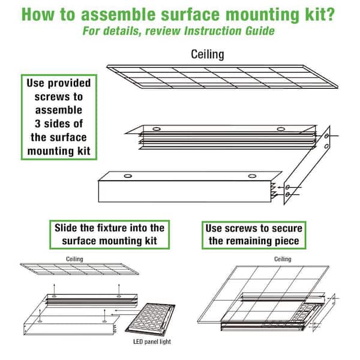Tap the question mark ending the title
click(331, 14)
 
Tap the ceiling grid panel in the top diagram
click(222, 77)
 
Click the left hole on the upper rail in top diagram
click(156, 128)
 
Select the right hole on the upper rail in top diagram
click(280, 128)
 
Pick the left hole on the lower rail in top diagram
click(127, 176)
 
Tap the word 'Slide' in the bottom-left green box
click(69, 228)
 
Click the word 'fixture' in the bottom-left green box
click(117, 228)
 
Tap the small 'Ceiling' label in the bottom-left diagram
click(75, 259)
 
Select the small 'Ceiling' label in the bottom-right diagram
click(282, 259)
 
